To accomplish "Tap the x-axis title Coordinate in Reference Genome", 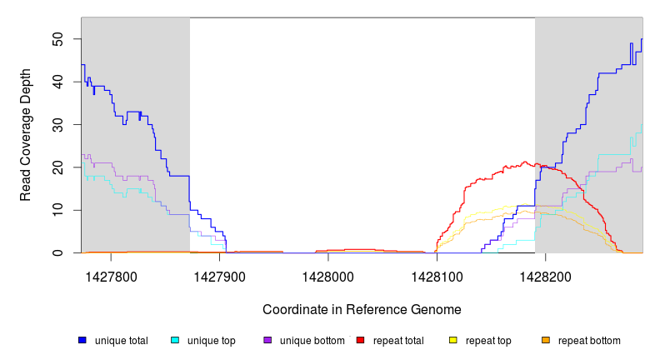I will (x=362, y=310).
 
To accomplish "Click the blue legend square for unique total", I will (x=82, y=341).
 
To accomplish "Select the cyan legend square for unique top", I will (x=175, y=341).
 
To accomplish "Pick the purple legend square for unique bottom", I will (x=267, y=341).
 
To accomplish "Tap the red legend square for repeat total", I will (x=360, y=341).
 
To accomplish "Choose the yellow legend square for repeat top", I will (x=453, y=341).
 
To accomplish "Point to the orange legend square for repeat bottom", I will (x=546, y=341).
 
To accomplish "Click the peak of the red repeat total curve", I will (x=525, y=162).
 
